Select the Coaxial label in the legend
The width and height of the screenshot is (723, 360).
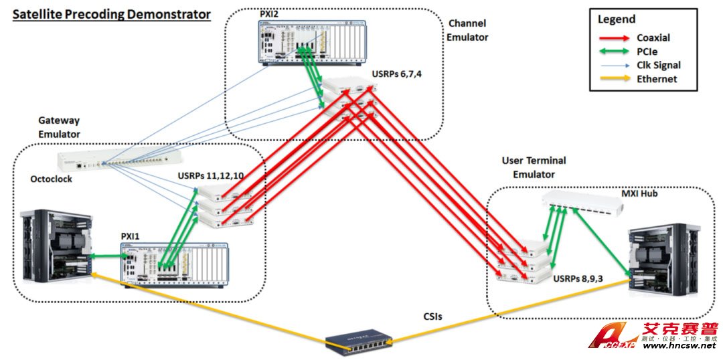654,37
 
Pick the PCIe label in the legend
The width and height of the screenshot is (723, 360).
648,52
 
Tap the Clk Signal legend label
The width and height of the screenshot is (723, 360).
659,65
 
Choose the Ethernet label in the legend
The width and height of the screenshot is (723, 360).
657,79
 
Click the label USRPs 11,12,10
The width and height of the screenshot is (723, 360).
214,176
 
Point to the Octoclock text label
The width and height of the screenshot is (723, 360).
51,179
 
